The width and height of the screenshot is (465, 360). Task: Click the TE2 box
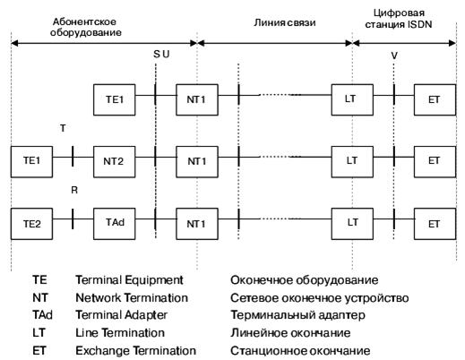tap(31, 221)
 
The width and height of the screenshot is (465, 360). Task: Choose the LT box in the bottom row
tap(351, 221)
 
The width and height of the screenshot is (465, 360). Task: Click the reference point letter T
tap(62, 129)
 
